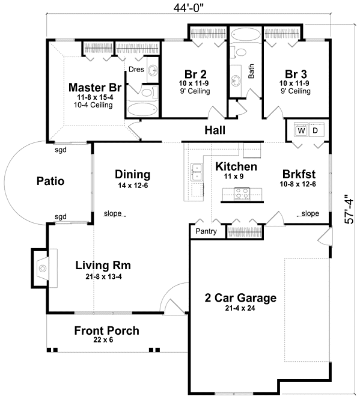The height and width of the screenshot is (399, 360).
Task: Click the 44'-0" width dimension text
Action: click(x=189, y=8)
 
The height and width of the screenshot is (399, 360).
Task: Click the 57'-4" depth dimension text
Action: click(x=349, y=209)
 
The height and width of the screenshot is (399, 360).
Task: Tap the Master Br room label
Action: click(x=95, y=87)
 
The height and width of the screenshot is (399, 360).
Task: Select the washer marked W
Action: click(x=301, y=130)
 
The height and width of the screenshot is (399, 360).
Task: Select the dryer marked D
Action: click(x=316, y=130)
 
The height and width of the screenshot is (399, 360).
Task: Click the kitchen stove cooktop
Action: click(x=242, y=195)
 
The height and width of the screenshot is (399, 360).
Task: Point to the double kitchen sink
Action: click(x=197, y=172)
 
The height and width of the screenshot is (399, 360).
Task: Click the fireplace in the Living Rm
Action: click(x=43, y=268)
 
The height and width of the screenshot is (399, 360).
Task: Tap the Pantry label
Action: click(x=206, y=231)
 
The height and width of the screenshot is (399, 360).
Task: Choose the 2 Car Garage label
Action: click(x=240, y=297)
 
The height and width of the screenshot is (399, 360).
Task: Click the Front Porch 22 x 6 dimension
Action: click(x=103, y=340)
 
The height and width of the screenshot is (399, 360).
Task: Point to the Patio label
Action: click(x=50, y=181)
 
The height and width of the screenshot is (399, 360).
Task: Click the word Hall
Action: click(x=215, y=130)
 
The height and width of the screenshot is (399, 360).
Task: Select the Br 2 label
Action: click(x=195, y=74)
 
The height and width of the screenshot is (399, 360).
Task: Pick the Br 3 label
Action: click(x=296, y=74)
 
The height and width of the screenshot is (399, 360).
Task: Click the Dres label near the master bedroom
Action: click(x=136, y=69)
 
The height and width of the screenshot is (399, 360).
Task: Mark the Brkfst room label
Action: click(x=299, y=174)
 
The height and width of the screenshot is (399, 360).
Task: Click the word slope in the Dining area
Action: click(x=112, y=213)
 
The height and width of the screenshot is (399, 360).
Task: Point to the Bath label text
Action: click(x=251, y=71)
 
